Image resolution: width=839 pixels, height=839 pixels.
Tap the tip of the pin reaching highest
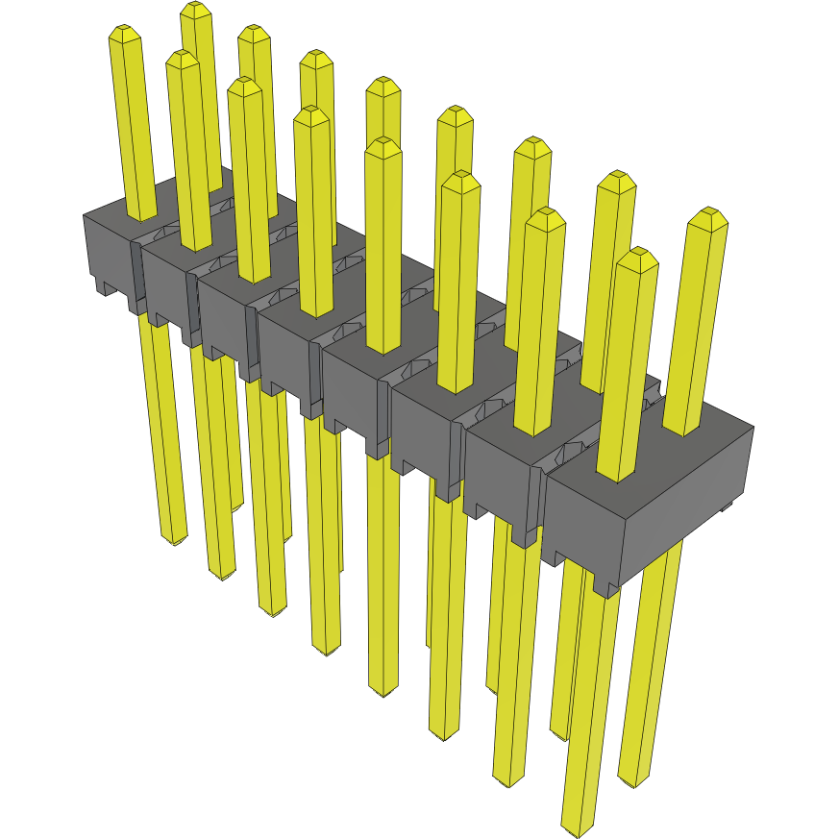[x=195, y=9]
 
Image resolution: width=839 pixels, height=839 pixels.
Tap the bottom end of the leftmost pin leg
[x=174, y=541]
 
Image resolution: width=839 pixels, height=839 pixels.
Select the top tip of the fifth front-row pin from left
[x=383, y=145]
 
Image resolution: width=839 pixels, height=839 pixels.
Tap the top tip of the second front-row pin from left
[x=182, y=58]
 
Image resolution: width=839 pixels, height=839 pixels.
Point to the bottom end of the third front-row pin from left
[x=272, y=611]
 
